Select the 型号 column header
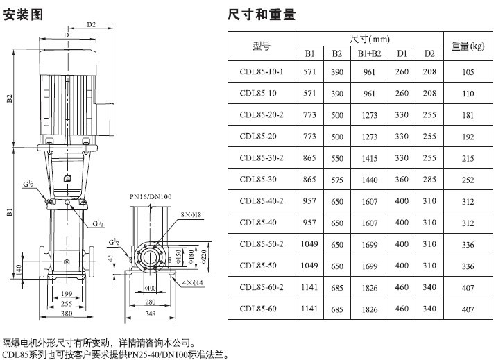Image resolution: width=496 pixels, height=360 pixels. (262, 46)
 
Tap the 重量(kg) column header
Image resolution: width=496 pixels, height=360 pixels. (468, 46)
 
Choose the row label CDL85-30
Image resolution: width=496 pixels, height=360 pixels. (258, 180)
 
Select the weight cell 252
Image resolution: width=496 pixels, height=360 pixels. (468, 180)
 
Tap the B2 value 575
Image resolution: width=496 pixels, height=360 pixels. (337, 180)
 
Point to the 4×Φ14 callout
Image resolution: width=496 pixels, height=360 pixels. (191, 282)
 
